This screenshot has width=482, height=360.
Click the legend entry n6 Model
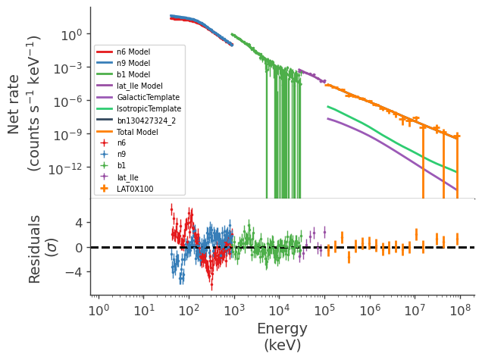tap(133, 52)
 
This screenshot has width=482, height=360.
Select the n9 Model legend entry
tap(133, 63)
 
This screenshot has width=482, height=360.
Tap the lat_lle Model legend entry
tap(139, 86)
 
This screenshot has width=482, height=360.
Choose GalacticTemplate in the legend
tap(148, 97)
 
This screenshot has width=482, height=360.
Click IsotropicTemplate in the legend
tap(149, 108)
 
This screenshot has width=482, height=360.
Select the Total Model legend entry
tap(137, 131)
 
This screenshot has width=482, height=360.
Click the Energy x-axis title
tap(282, 329)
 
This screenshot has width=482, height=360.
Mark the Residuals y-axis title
tap(35, 248)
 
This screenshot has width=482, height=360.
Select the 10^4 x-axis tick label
tap(279, 310)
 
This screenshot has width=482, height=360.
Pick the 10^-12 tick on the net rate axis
tap(67, 168)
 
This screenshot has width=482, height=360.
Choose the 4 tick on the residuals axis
tap(78, 224)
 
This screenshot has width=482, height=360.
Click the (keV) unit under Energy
tap(282, 346)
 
